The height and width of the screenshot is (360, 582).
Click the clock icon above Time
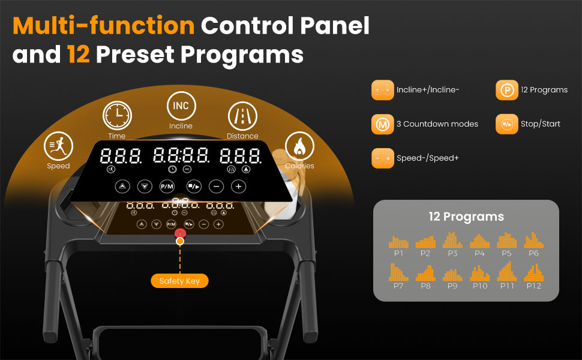[117, 115]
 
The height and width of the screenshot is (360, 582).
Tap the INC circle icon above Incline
[181, 106]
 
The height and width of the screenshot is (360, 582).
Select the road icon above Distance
[242, 116]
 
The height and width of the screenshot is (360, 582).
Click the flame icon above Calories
[299, 146]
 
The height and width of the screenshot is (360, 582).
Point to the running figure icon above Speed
[58, 146]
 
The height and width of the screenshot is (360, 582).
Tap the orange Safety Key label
[179, 281]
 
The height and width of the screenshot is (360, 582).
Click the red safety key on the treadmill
[180, 233]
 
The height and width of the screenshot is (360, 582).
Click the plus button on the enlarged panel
[239, 187]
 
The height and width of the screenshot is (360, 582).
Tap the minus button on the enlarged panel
[217, 187]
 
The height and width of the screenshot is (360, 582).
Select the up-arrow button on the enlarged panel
[122, 187]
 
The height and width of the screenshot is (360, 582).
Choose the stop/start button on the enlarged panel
[194, 187]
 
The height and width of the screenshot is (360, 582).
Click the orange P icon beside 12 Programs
[507, 90]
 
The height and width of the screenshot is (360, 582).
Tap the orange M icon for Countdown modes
[383, 124]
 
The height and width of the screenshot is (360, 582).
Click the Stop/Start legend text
[541, 124]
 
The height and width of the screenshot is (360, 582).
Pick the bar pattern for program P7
[398, 272]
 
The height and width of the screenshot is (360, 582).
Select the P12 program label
[534, 286]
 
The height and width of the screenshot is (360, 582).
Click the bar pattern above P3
[452, 240]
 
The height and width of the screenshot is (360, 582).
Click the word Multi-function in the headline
[104, 26]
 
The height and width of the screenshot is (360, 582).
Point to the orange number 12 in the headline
[79, 54]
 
